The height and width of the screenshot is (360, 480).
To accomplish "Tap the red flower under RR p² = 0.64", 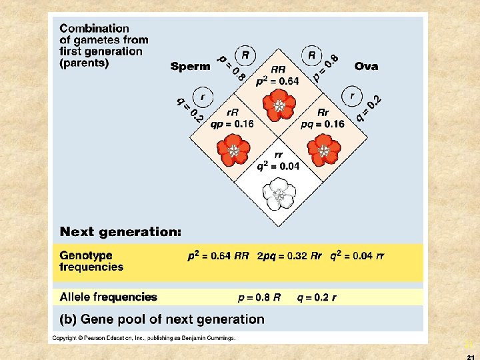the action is [x=278, y=105].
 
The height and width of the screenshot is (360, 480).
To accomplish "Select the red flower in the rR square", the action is [x=233, y=149].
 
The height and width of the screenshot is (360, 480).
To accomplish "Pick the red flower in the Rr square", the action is [x=323, y=149].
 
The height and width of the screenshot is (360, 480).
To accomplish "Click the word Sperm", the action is [x=190, y=66].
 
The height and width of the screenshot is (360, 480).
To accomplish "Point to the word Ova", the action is [x=366, y=66].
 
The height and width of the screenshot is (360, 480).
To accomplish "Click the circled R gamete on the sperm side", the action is [x=245, y=55].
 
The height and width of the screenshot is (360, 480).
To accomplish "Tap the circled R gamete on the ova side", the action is [x=311, y=55].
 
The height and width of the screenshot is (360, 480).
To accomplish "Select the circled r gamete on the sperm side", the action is [x=201, y=97].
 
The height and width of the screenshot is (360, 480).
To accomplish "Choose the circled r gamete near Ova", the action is [x=351, y=96].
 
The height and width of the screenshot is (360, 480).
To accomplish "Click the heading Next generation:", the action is [x=121, y=232].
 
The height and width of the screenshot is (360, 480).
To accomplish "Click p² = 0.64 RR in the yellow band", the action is [x=217, y=256].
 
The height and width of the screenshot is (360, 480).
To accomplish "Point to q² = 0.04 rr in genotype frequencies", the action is [x=357, y=256].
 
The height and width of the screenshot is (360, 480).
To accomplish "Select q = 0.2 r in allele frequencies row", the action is [x=317, y=298].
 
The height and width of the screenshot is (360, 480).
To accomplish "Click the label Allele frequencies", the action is [x=108, y=297].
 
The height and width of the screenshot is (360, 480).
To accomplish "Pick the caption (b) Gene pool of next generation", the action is [x=162, y=319].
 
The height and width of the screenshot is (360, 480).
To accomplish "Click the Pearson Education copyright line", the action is [x=144, y=338].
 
